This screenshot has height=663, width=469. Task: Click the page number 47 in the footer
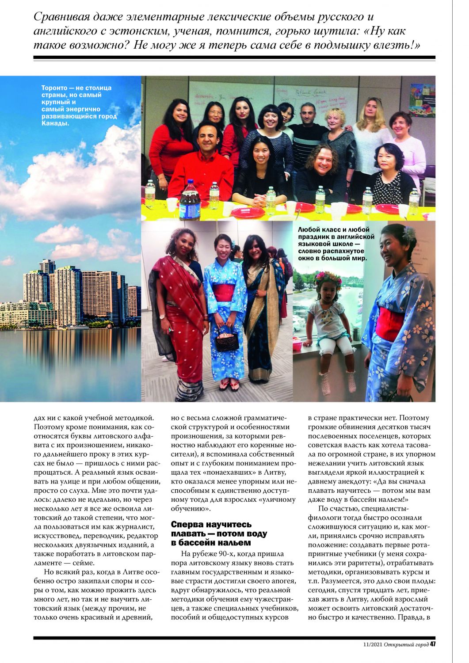(433, 644)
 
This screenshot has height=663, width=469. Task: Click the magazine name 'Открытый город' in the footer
(406, 644)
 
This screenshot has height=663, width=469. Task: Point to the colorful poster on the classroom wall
(421, 99)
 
